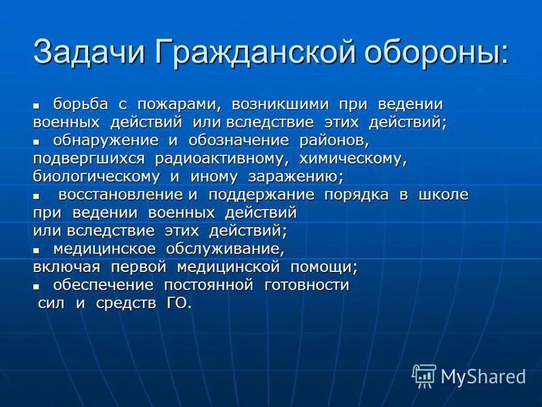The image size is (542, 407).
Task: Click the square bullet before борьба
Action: coord(37,106)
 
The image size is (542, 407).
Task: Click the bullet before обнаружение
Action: coord(37,142)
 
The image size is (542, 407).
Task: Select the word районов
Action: coord(325,140)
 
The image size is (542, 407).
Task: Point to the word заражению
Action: coord(297,177)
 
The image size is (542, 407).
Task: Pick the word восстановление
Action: coord(122,195)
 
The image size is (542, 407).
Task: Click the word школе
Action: coord(443,195)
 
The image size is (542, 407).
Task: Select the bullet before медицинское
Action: coord(37,250)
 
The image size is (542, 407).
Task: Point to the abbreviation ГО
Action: coord(178,303)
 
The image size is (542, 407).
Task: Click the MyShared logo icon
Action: coord(424,375)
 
